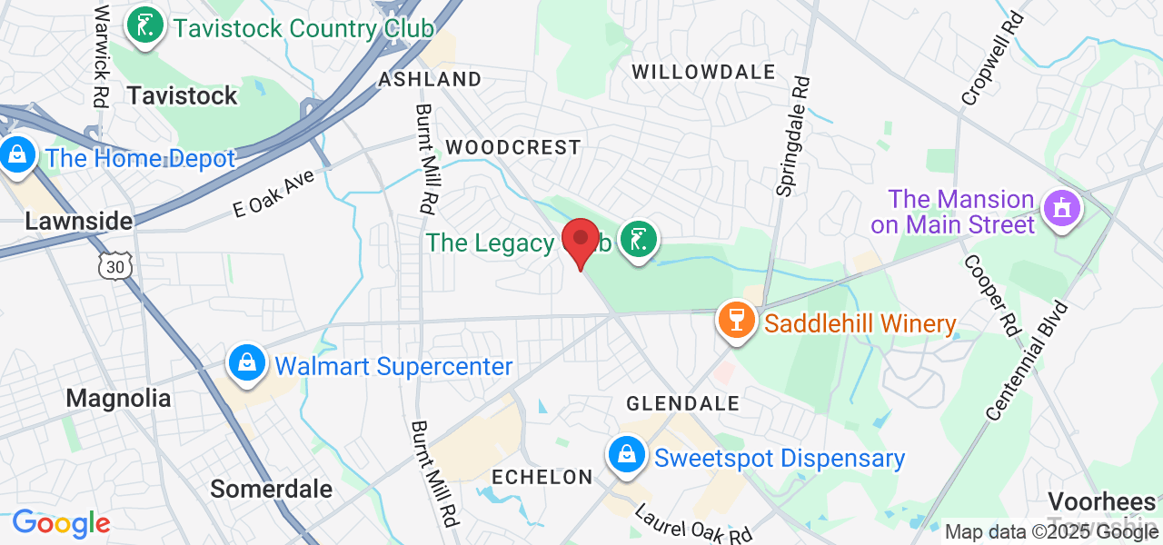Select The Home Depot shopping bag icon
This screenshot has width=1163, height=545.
[x=16, y=156]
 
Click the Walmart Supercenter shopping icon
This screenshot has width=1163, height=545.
[x=246, y=364]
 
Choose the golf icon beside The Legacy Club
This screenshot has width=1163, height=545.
[x=639, y=241]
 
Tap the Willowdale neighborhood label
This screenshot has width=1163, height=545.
[x=703, y=73]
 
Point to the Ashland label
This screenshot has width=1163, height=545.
[x=430, y=79]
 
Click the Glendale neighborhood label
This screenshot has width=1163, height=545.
[x=682, y=402]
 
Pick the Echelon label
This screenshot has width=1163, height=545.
[x=542, y=477]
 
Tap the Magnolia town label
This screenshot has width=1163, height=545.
[x=118, y=398]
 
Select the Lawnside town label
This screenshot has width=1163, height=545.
[x=78, y=221]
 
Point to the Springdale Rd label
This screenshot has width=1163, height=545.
[x=792, y=136]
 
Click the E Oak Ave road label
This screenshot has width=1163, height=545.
[x=273, y=192]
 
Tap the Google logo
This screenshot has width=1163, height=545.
[x=61, y=523]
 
